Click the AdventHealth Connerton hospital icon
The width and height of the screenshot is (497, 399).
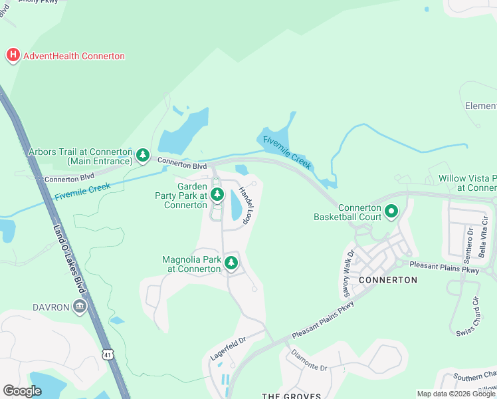coord(13,56)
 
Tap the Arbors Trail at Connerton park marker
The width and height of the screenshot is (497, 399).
coord(142,156)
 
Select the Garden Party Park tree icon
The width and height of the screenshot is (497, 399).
coord(217,194)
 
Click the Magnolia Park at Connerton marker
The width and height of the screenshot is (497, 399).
coord(231,263)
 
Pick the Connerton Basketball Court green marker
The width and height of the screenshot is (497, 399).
coord(391,211)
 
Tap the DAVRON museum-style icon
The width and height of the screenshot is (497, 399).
coord(79,307)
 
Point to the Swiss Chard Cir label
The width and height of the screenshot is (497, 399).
coord(467,319)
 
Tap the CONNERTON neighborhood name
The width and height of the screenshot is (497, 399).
coord(387,280)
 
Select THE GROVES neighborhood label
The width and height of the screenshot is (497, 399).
coord(291,396)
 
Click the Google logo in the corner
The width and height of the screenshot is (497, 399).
coord(22,390)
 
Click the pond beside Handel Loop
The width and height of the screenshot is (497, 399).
coord(237,205)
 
